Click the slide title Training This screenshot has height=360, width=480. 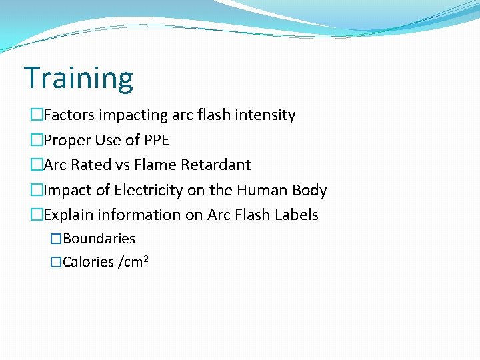click(79, 78)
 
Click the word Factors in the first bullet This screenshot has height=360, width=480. click(69, 115)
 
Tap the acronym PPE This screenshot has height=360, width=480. click(155, 140)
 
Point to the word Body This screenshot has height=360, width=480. click(309, 190)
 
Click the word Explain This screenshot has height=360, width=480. click(70, 215)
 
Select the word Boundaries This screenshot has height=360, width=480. click(99, 239)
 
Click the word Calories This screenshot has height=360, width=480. click(88, 262)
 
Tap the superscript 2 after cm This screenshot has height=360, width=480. click(145, 257)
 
